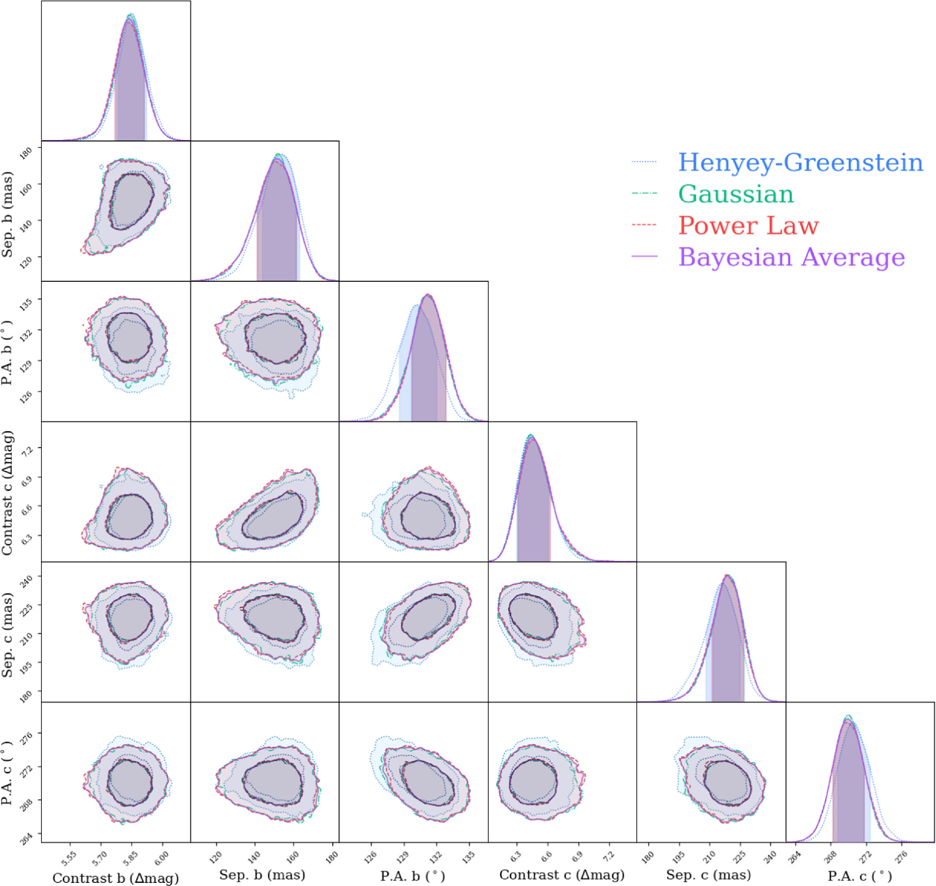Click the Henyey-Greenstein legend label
click(x=800, y=162)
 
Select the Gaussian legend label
click(x=736, y=194)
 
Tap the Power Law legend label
click(x=748, y=225)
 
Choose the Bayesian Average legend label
click(x=792, y=257)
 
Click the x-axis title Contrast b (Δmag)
click(x=116, y=878)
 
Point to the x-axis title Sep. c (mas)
click(x=708, y=875)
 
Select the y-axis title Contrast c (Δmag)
click(x=7, y=493)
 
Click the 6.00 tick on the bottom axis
click(x=162, y=858)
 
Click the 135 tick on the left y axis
click(x=26, y=304)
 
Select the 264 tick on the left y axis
click(x=26, y=839)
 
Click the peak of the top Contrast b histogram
click(x=130, y=15)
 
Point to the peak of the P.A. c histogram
click(x=848, y=718)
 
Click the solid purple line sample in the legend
click(x=644, y=256)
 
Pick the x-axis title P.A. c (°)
click(x=859, y=876)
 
